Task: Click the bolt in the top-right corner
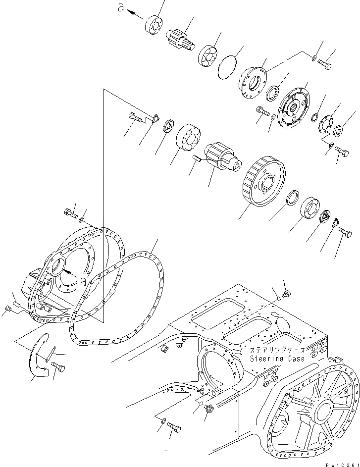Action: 325,65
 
